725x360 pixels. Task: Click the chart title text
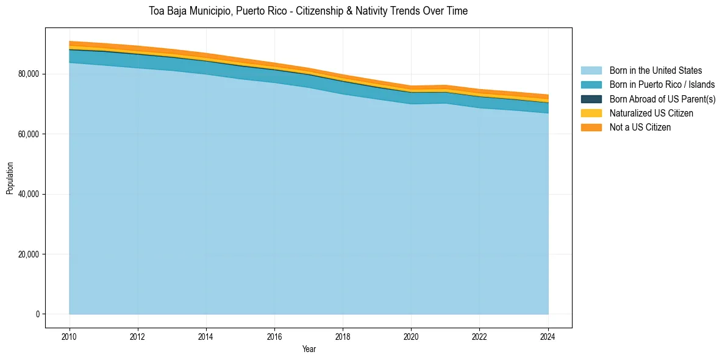tap(308, 11)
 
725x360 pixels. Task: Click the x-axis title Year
tap(309, 349)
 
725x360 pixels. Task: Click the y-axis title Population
tap(10, 178)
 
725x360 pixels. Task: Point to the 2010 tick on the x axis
tap(70, 336)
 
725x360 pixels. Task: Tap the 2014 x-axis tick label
tap(206, 336)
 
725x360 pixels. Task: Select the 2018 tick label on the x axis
tap(343, 336)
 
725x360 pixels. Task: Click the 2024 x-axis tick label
tap(548, 336)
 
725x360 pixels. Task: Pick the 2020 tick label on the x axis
tap(412, 336)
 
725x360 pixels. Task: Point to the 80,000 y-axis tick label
tap(28, 74)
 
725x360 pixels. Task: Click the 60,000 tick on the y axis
tap(28, 134)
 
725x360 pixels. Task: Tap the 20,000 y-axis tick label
tap(28, 254)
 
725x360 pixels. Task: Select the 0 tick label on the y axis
tap(37, 314)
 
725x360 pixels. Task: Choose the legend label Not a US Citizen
tap(640, 127)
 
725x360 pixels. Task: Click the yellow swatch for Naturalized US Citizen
tap(591, 113)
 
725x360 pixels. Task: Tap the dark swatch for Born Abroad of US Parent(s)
tap(591, 99)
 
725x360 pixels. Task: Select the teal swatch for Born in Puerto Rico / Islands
tap(591, 85)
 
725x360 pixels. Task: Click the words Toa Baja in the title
tap(166, 11)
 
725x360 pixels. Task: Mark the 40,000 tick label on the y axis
tap(28, 194)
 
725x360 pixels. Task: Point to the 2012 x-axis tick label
tap(138, 336)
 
